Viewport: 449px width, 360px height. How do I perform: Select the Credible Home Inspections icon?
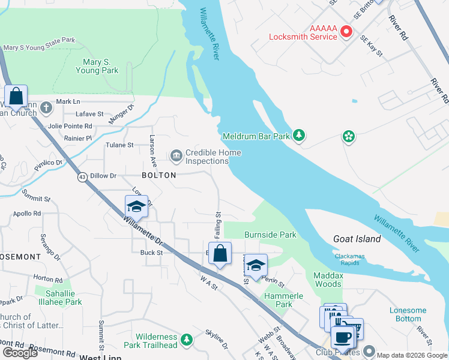(x=176, y=157)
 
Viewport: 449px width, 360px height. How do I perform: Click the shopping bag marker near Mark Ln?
(x=16, y=96)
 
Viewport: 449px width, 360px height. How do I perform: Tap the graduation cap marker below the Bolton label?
(x=136, y=207)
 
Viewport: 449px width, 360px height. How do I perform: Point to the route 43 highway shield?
(x=81, y=178)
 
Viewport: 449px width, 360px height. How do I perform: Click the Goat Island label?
(x=357, y=239)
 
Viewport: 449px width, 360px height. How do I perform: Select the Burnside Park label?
(x=270, y=235)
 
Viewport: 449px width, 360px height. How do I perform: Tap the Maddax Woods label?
(x=327, y=280)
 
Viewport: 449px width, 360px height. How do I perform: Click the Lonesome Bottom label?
(x=408, y=314)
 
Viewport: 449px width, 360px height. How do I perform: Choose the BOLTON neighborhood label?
(x=158, y=175)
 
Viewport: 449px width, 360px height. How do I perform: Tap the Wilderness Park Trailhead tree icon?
(x=187, y=341)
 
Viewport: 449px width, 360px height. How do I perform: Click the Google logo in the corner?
(x=20, y=353)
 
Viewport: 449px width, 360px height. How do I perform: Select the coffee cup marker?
(x=342, y=338)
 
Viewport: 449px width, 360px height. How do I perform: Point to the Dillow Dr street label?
(x=104, y=176)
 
